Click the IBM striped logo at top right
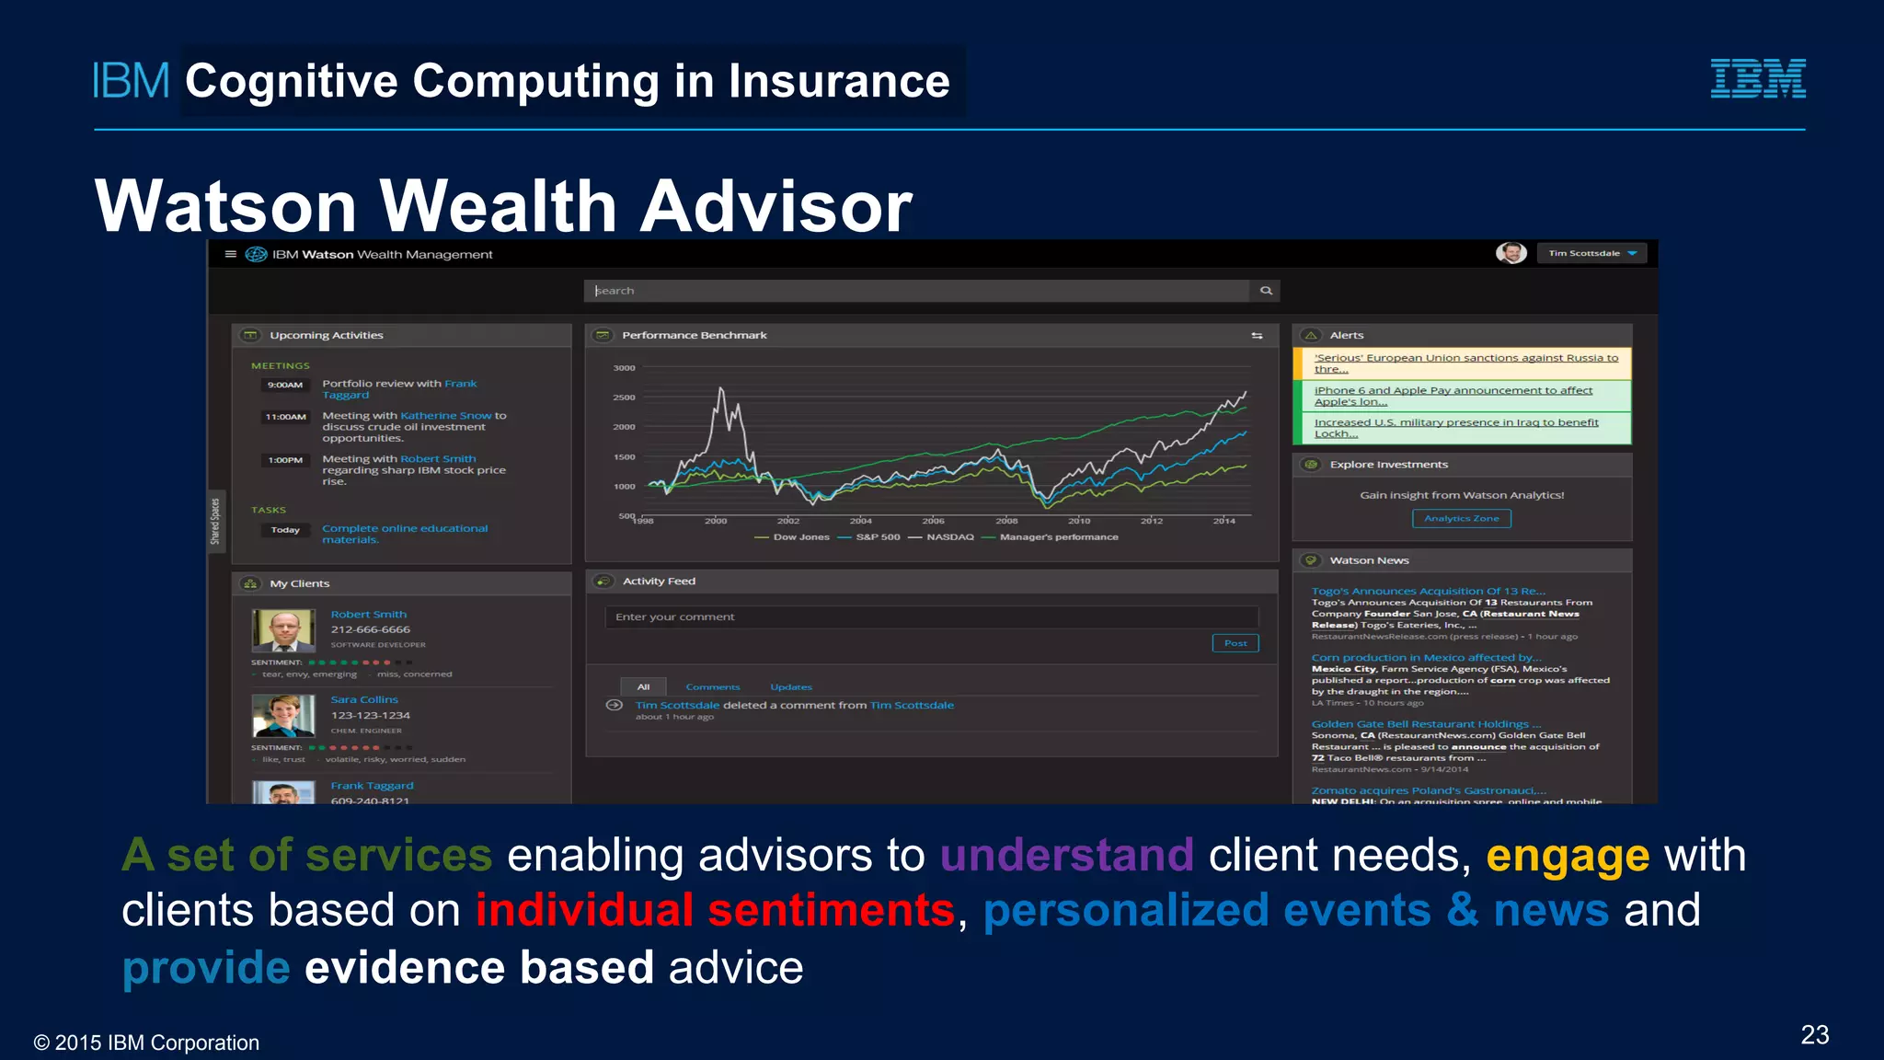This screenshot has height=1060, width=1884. point(1757,78)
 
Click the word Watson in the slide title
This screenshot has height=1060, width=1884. point(225,206)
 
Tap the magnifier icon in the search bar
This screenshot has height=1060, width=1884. point(1266,291)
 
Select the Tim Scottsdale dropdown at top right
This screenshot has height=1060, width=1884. point(1591,253)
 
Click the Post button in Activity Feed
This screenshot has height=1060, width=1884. point(1235,643)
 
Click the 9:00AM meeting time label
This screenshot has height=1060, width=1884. point(285,385)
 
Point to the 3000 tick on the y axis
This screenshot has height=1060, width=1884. point(624,368)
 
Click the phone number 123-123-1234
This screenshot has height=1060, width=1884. point(371,715)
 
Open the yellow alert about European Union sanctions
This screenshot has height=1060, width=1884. point(1465,363)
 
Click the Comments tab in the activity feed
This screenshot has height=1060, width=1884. point(712,687)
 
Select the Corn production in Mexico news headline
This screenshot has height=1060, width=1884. point(1425,658)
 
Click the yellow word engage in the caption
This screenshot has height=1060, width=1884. point(1568,856)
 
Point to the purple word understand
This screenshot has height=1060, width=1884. point(1066,856)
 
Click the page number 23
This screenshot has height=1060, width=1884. point(1814,1035)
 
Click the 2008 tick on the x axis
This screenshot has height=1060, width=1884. point(1006,521)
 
